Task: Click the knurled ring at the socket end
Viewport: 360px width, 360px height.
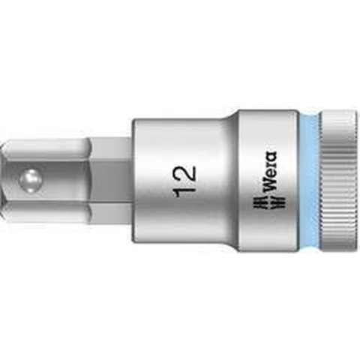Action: click(333, 179)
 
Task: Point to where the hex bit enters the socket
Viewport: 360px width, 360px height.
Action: click(133, 179)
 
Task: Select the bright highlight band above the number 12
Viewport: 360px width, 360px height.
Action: click(187, 135)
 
